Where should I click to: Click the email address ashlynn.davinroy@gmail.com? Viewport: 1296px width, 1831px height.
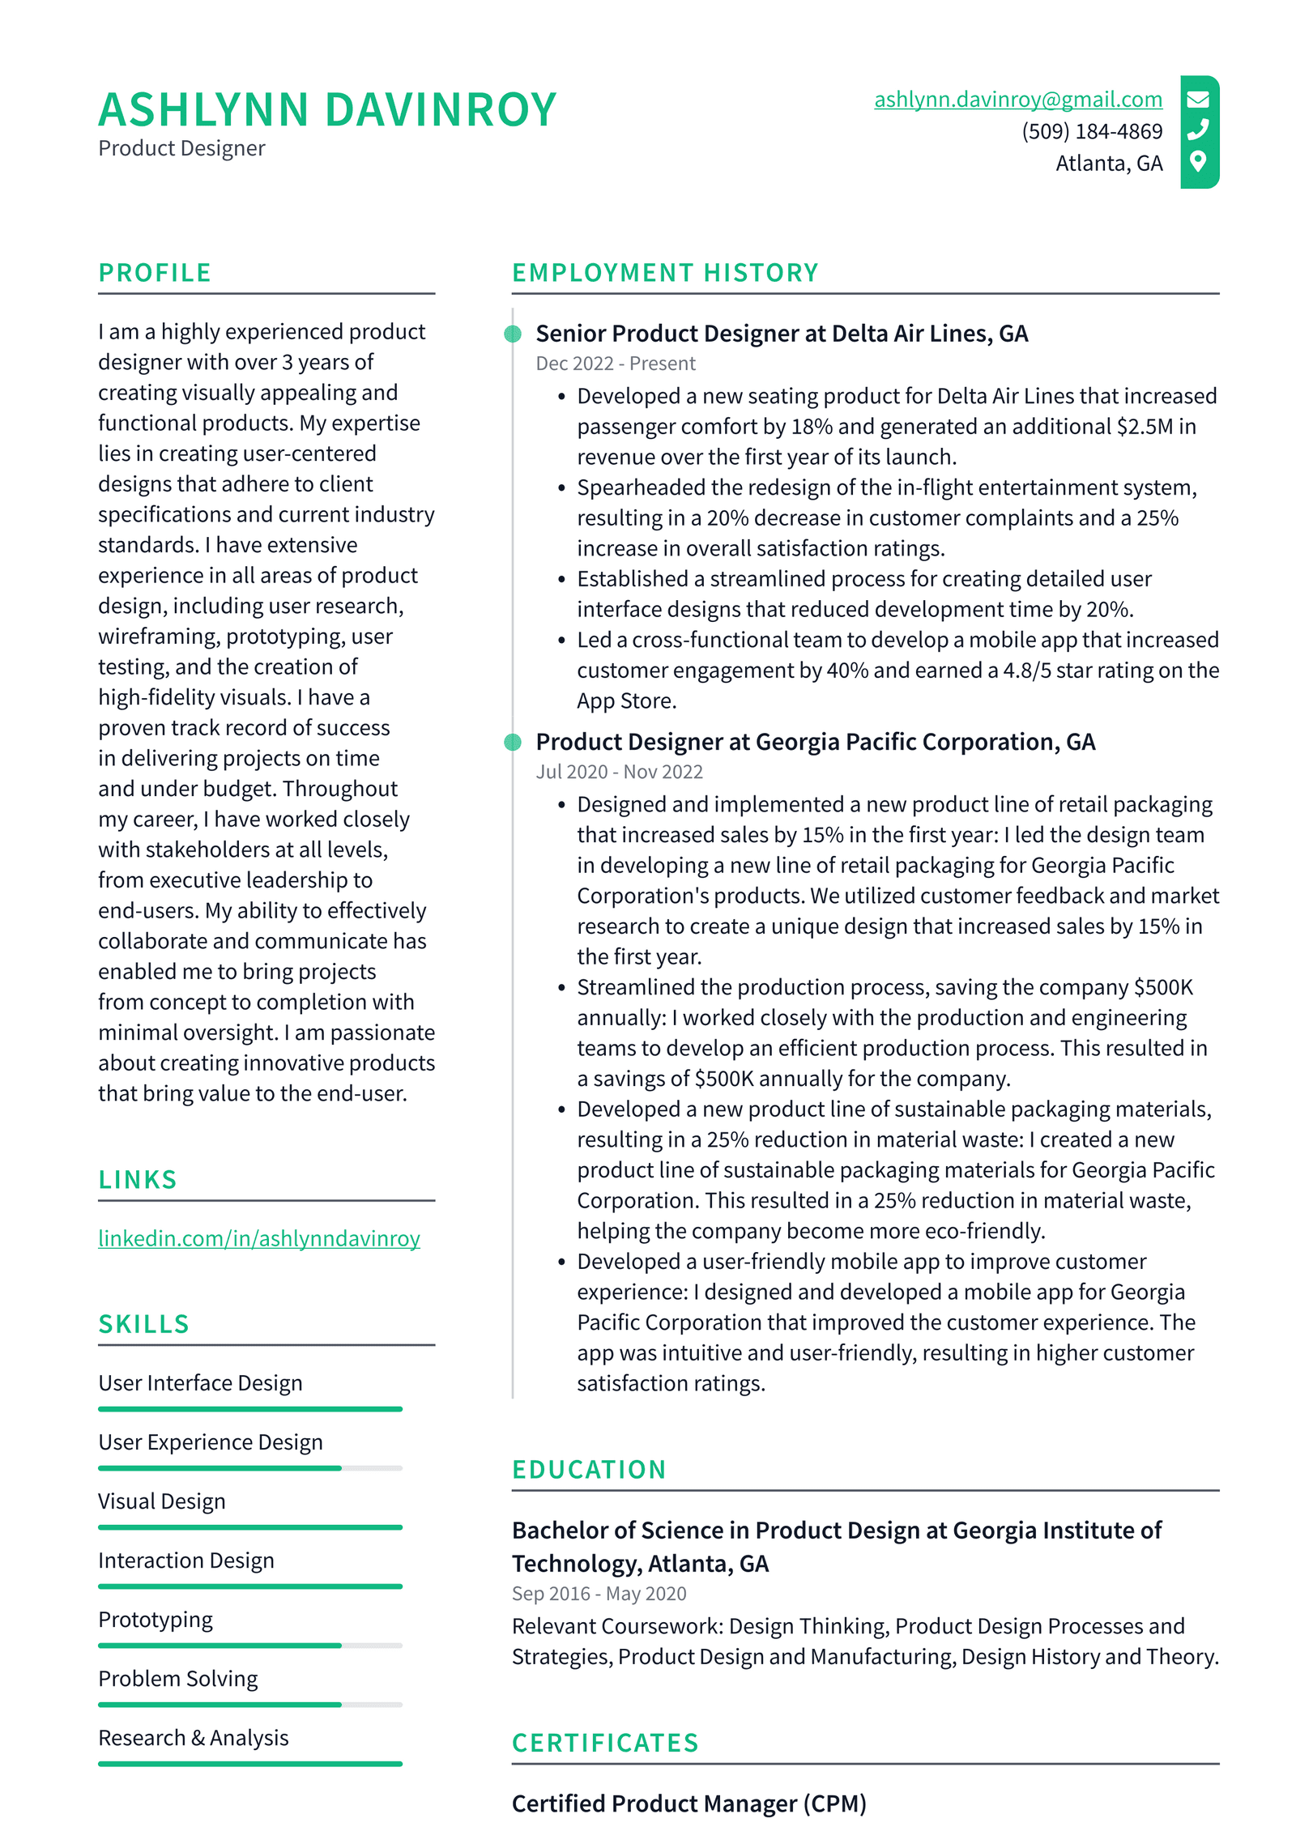coord(1017,99)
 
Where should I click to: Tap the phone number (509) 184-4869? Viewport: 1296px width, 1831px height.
coord(1091,131)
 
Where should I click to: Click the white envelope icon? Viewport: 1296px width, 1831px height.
coord(1198,100)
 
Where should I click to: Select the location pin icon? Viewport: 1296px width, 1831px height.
coord(1198,161)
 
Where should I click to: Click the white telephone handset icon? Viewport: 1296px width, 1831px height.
coord(1198,130)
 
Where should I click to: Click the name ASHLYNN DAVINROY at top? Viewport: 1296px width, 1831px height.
coord(327,110)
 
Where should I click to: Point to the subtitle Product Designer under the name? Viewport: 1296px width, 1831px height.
coord(181,149)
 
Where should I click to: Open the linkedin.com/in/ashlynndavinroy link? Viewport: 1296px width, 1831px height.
coord(258,1238)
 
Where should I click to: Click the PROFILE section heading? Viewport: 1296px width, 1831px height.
coord(155,273)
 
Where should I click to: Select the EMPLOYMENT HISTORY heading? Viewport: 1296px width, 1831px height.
coord(665,273)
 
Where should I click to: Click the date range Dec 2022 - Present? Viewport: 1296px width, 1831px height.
coord(615,364)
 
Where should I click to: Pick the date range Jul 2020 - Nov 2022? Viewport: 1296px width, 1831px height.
coord(619,772)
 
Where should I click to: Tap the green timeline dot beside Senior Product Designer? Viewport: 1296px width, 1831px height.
coord(513,334)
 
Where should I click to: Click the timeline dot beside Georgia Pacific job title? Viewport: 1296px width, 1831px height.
coord(513,742)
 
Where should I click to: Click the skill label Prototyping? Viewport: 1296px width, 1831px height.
coord(156,1620)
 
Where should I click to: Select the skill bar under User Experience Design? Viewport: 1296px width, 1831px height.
coord(249,1467)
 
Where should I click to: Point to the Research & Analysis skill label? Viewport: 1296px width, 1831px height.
coord(193,1738)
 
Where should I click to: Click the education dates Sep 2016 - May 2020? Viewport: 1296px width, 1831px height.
coord(599,1594)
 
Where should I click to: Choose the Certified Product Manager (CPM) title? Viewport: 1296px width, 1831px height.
coord(688,1803)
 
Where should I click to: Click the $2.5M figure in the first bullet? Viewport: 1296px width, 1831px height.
coord(1145,427)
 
